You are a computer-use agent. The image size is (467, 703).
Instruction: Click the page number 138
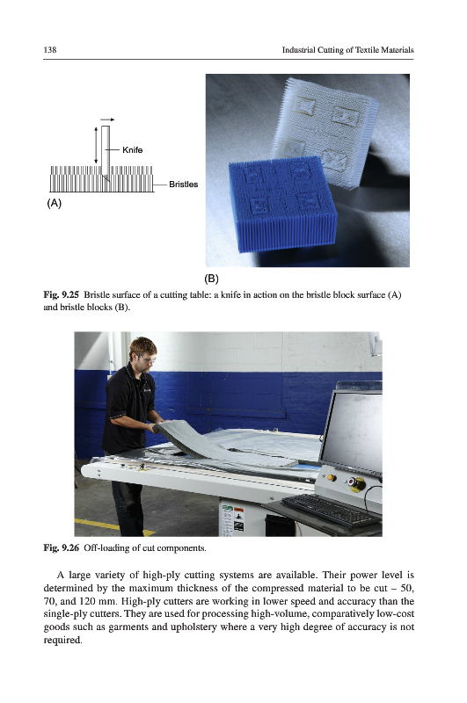(50, 50)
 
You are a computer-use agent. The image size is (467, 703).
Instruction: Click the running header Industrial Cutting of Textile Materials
(347, 50)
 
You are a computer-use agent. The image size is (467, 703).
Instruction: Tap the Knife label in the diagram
(132, 149)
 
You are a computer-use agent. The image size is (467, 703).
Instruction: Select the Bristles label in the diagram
(184, 185)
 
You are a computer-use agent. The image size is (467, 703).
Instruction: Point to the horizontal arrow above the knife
(107, 120)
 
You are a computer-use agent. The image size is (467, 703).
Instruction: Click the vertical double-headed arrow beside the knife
(96, 145)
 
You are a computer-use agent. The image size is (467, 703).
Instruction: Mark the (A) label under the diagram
(54, 203)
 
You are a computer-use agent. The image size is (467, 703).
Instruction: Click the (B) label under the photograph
(211, 279)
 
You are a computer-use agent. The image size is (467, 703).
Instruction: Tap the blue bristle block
(282, 203)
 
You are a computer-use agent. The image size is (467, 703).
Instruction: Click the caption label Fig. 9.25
(61, 294)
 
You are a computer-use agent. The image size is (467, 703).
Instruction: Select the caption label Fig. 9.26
(61, 547)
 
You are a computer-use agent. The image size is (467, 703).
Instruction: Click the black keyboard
(331, 510)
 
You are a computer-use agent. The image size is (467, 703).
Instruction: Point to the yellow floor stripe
(114, 525)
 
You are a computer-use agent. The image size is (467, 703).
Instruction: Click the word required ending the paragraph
(62, 640)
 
